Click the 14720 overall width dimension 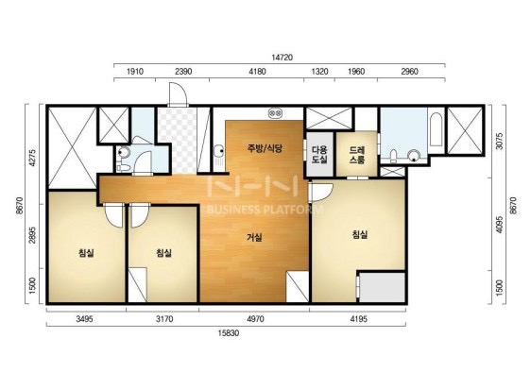[x=283, y=58]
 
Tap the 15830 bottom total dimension [x=229, y=333]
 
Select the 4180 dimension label [x=257, y=72]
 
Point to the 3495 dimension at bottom [x=84, y=319]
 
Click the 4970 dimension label [x=255, y=319]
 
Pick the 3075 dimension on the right [x=499, y=142]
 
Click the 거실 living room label [x=254, y=238]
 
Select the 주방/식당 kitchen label [x=265, y=148]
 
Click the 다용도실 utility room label [x=319, y=155]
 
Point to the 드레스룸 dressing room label [x=357, y=155]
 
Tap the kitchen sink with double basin [x=275, y=113]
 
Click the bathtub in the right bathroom [x=437, y=129]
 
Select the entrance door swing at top [x=178, y=93]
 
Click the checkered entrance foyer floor [x=177, y=140]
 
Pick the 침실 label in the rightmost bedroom [x=360, y=234]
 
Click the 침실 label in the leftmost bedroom [x=86, y=252]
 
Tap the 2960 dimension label [x=409, y=72]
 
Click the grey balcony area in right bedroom [x=383, y=287]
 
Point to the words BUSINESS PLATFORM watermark [x=265, y=210]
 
